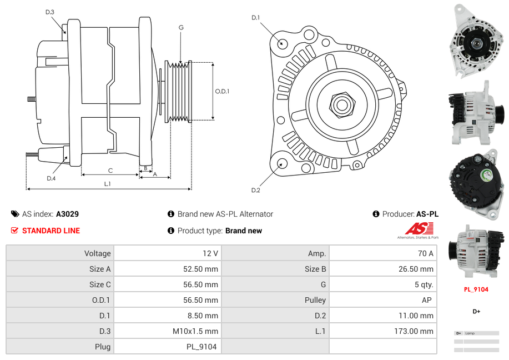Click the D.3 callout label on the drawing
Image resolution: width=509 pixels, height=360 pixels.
tap(50, 12)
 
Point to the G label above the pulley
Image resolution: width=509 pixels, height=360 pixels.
tap(181, 27)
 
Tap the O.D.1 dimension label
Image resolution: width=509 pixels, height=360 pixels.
tap(222, 91)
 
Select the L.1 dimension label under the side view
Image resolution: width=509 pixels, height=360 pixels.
tap(107, 183)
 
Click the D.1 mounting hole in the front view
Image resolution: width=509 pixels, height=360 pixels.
tap(281, 43)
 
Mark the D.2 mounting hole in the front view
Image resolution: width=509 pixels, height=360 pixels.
tap(281, 163)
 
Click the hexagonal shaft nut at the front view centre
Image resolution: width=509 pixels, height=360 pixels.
tap(341, 103)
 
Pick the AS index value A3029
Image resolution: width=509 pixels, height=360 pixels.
tap(67, 214)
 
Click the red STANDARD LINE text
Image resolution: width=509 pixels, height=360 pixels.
tap(51, 231)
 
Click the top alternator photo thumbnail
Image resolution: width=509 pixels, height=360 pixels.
tap(476, 40)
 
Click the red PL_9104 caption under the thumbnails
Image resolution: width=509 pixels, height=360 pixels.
tap(476, 289)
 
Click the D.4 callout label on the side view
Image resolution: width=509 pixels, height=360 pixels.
tap(51, 178)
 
